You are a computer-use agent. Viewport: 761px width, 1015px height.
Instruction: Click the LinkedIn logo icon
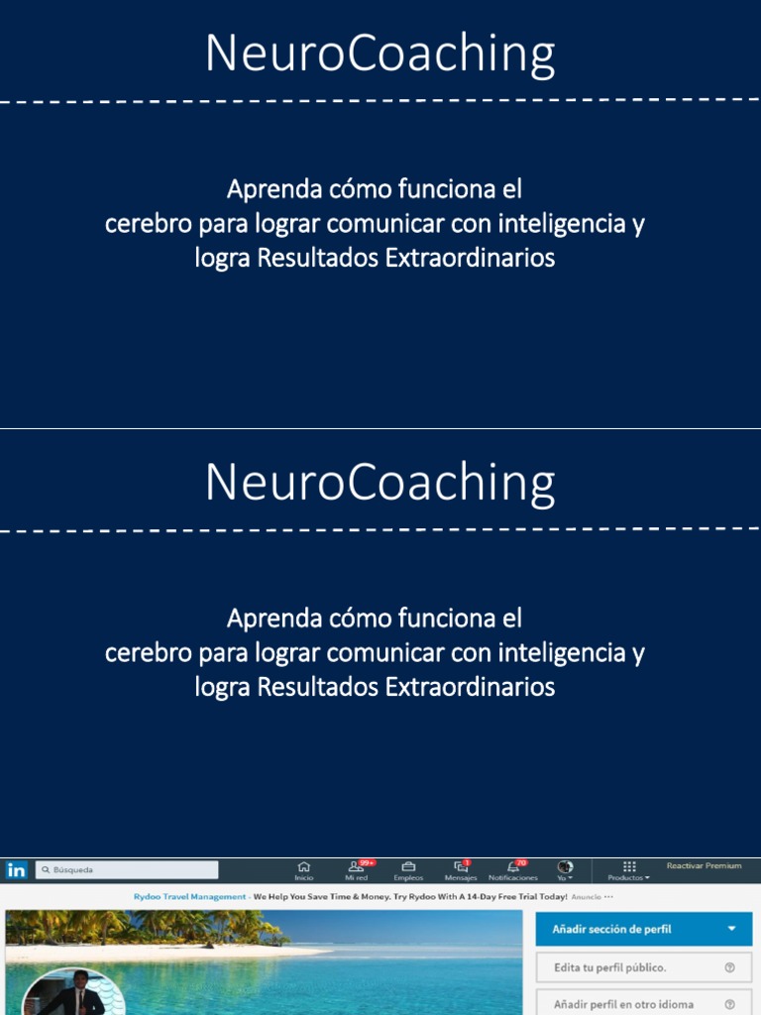click(x=16, y=870)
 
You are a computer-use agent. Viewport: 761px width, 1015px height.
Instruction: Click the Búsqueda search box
click(x=127, y=870)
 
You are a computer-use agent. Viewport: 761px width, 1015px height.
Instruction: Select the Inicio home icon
click(x=304, y=869)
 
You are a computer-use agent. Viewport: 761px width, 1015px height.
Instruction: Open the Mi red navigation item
click(x=356, y=869)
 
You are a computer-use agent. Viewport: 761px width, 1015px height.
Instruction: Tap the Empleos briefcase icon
click(x=408, y=869)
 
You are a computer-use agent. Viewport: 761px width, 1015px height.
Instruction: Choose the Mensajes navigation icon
click(x=460, y=869)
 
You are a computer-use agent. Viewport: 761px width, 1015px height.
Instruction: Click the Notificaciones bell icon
click(x=512, y=869)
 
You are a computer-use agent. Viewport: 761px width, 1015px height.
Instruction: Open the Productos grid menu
click(x=629, y=869)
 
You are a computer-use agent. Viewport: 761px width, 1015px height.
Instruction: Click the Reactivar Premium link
click(x=704, y=866)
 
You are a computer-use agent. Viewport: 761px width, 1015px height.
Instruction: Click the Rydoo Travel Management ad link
click(x=189, y=897)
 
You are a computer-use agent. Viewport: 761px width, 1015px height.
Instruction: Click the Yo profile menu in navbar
click(x=565, y=869)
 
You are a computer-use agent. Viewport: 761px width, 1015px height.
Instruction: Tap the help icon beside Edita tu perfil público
click(x=730, y=967)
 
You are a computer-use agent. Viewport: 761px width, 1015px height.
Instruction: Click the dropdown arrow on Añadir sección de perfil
click(x=731, y=929)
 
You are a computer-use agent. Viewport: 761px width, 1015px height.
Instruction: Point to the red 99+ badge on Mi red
click(x=368, y=862)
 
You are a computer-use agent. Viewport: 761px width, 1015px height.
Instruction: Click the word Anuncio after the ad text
click(x=587, y=897)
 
